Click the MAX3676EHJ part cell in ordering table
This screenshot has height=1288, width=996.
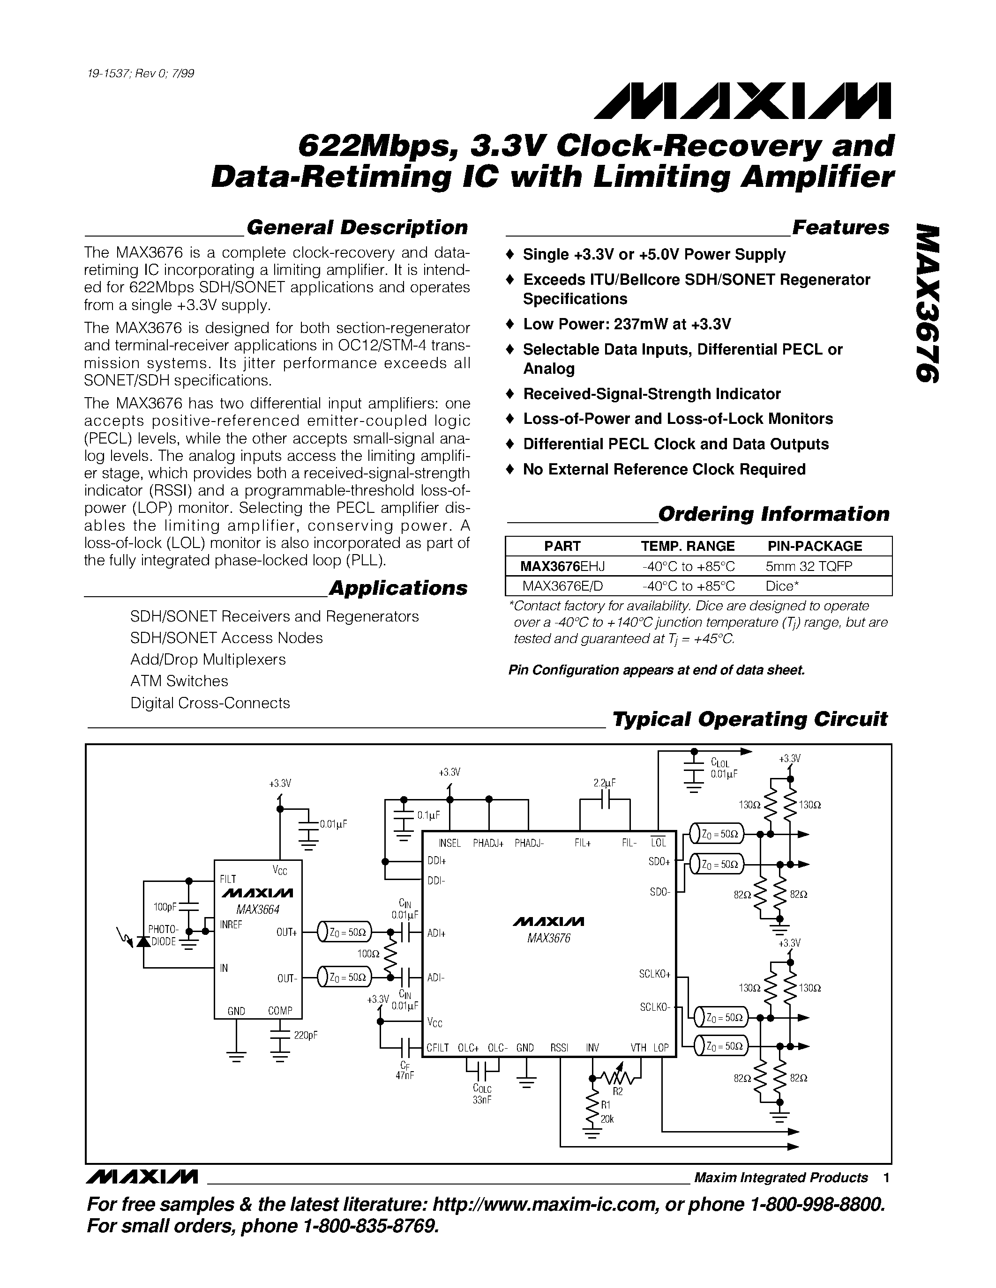[562, 566]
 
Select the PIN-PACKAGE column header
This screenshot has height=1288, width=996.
[814, 546]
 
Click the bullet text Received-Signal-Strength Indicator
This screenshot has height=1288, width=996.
[652, 393]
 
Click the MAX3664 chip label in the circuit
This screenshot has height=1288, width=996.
[258, 910]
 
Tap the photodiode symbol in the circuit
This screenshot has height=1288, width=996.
[142, 941]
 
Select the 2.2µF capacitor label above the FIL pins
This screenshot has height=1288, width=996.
[604, 784]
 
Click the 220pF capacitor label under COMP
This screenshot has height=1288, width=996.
[306, 1035]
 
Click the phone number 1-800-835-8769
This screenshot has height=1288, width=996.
[370, 1226]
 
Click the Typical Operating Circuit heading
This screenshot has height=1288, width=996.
[749, 719]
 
